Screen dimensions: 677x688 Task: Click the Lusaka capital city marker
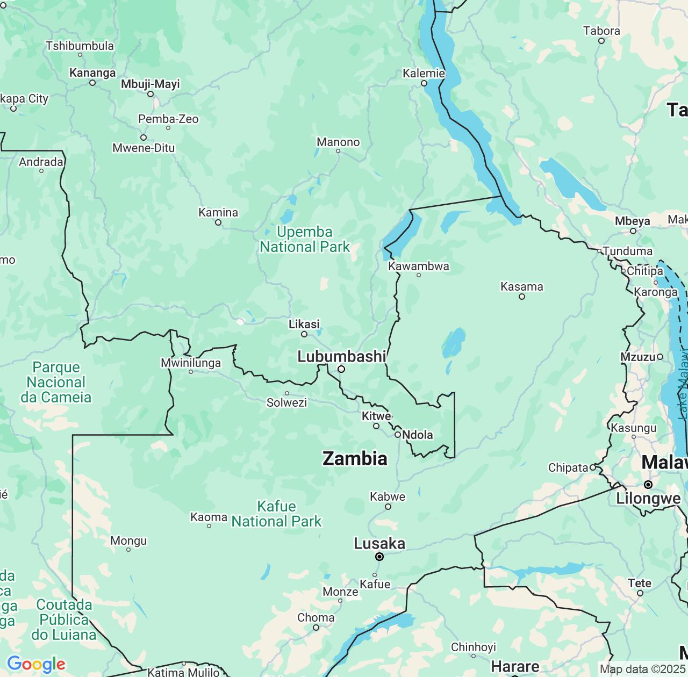point(379,557)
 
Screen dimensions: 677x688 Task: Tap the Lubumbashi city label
point(341,356)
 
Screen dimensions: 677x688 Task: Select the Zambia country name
point(355,458)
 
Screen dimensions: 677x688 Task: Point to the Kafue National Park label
point(276,514)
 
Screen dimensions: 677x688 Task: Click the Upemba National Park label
point(305,240)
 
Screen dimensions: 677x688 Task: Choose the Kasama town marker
point(521,297)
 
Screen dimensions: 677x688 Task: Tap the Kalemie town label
point(424,73)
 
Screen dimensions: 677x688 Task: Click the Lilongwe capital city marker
point(648,485)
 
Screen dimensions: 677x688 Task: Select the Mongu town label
point(128,541)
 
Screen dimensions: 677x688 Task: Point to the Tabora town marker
point(601,41)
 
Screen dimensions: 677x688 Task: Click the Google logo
point(36,664)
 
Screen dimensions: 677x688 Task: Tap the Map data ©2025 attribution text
point(643,669)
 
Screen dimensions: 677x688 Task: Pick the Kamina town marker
point(218,222)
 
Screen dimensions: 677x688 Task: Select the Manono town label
point(338,142)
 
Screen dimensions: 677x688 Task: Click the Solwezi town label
point(286,402)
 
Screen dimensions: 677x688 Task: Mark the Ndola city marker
point(398,435)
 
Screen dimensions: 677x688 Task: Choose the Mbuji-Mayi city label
point(150,84)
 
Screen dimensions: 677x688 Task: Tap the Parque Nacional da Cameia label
point(56,382)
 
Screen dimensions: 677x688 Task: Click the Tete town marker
point(640,593)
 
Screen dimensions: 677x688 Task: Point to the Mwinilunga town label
point(191,363)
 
